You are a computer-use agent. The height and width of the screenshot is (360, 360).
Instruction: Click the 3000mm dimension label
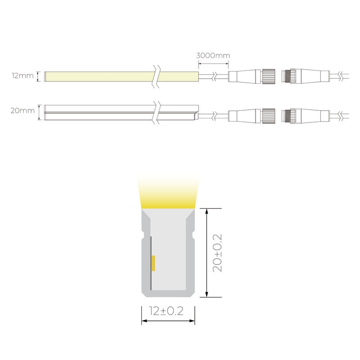pyautogui.click(x=213, y=55)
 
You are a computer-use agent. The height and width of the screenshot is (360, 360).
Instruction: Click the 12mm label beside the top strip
pyautogui.click(x=23, y=76)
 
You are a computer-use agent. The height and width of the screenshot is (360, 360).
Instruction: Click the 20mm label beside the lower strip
pyautogui.click(x=22, y=111)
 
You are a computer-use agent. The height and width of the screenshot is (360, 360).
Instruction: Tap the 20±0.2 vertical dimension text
pyautogui.click(x=217, y=253)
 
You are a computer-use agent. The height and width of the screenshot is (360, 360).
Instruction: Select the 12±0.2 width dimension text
pyautogui.click(x=166, y=311)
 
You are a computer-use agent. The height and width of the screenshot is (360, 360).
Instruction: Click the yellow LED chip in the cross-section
pyautogui.click(x=153, y=263)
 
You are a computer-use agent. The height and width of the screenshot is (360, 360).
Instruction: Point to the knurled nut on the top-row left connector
pyautogui.click(x=268, y=76)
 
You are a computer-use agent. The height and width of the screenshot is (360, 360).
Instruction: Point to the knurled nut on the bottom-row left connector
pyautogui.click(x=268, y=115)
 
